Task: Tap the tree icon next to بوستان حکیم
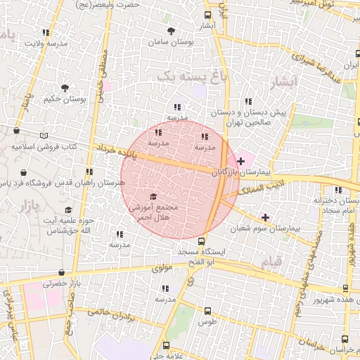[65, 88]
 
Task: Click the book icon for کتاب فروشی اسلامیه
[46, 135]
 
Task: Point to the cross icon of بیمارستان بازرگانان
[240, 161]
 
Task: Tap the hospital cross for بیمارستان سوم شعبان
[264, 217]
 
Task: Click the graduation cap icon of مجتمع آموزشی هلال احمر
[154, 197]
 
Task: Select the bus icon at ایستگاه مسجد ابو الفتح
[201, 241]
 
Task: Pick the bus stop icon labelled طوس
[207, 311]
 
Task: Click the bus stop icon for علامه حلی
[167, 345]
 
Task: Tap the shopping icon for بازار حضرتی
[62, 274]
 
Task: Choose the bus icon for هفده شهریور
[345, 288]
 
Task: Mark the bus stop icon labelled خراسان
[345, 337]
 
